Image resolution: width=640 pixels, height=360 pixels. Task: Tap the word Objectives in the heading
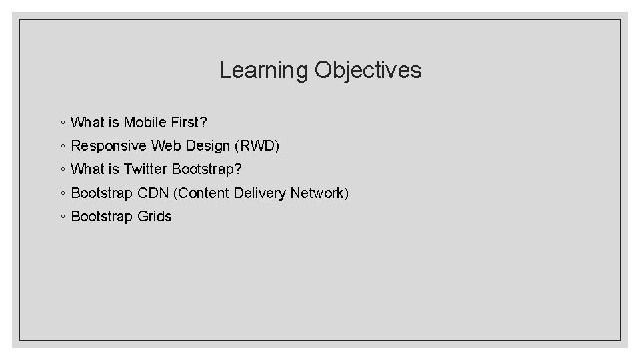click(368, 70)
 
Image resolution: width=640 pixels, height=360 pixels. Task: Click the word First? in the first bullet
click(191, 123)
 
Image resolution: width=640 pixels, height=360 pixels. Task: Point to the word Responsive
click(109, 146)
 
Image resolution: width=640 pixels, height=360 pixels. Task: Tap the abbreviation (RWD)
click(256, 146)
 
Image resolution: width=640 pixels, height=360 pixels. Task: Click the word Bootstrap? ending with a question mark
click(207, 169)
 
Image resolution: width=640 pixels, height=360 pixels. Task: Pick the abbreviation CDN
click(153, 193)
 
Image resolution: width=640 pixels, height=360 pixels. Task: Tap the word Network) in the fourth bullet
click(319, 193)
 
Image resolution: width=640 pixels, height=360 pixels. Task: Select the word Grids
click(155, 217)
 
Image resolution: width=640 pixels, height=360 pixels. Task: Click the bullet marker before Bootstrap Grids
click(61, 217)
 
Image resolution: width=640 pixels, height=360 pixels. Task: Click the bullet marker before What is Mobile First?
click(61, 123)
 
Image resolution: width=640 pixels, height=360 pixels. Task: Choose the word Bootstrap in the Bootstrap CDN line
click(102, 193)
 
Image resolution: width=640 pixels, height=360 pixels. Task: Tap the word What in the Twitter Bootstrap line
click(86, 169)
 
